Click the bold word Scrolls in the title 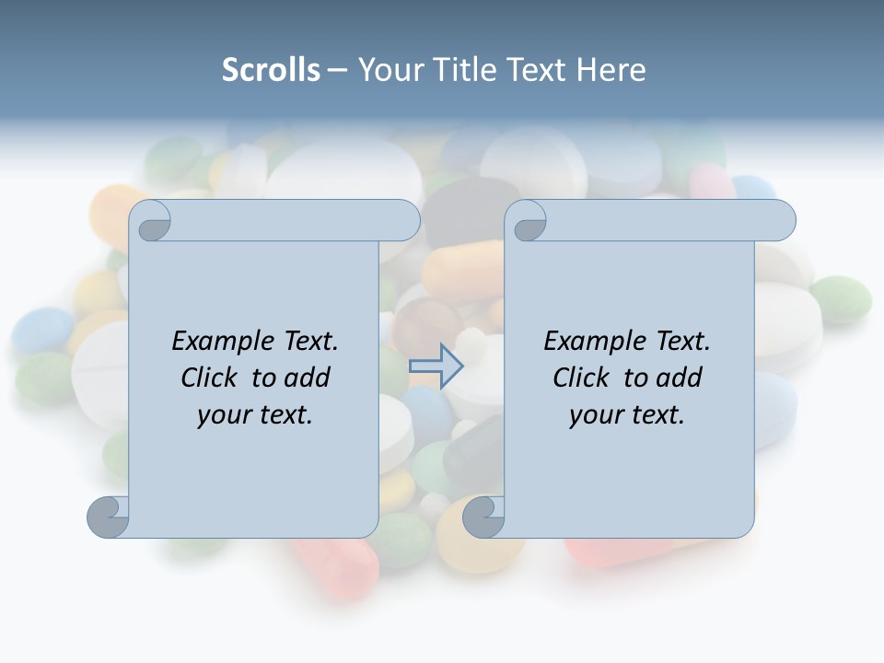(x=271, y=70)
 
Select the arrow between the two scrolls (x=436, y=366)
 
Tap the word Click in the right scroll (x=582, y=378)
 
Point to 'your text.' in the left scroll (x=255, y=415)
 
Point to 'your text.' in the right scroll (x=627, y=415)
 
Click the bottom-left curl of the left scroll (x=109, y=517)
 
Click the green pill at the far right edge (x=840, y=297)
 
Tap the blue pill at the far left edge (x=42, y=331)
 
